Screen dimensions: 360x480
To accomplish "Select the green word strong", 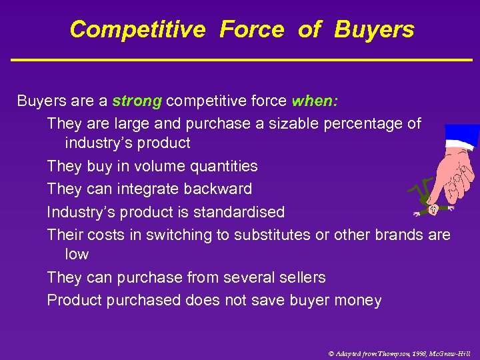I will pos(137,101).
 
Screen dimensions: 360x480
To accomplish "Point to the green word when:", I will pos(315,101).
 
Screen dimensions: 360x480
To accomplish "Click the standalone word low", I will pos(77,254).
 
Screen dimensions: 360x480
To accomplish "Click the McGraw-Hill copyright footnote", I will pos(399,353).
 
